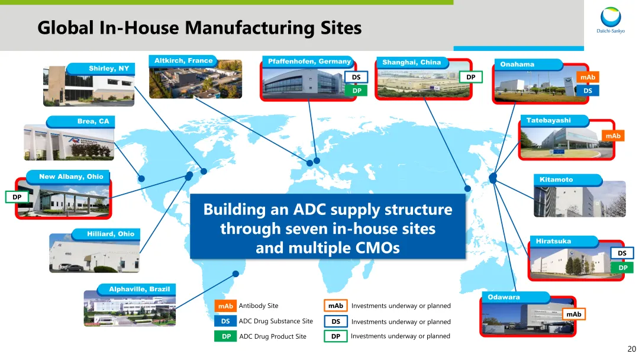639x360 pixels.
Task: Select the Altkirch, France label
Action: pos(183,61)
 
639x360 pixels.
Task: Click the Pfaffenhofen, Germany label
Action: pos(309,62)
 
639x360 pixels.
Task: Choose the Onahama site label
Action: pos(517,65)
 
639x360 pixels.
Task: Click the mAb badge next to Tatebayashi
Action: pos(613,136)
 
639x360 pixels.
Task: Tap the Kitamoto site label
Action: pos(556,179)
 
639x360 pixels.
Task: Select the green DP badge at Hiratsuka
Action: pos(622,268)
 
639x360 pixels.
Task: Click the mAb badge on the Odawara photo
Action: pos(573,314)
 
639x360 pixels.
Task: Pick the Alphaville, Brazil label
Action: pos(140,290)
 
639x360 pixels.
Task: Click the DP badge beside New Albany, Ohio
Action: pos(17,197)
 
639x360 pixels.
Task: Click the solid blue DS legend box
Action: pos(225,321)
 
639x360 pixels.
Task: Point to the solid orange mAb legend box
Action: pos(225,306)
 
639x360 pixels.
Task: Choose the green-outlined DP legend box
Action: pos(335,336)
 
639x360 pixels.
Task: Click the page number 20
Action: pos(631,349)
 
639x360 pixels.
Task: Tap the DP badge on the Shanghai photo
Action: pos(471,77)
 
